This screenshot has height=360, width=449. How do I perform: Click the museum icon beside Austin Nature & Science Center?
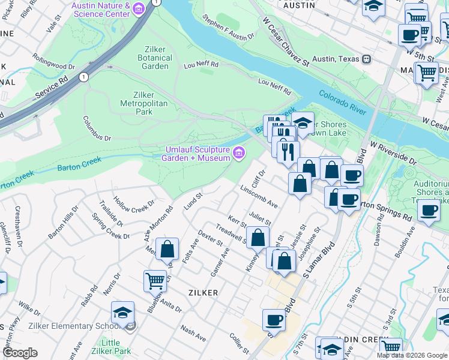point(139,9)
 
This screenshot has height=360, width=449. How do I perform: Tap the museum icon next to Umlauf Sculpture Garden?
point(239,153)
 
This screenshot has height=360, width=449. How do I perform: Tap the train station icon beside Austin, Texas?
point(366,59)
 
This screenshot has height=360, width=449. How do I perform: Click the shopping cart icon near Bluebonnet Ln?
point(155,280)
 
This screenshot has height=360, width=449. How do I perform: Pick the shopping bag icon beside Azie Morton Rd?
point(169,248)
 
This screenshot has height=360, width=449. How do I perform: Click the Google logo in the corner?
point(20,352)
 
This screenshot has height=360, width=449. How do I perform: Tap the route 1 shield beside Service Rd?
point(83,77)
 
